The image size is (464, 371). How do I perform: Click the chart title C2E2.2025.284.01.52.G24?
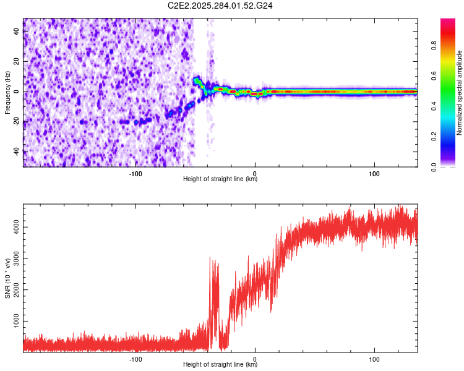(x=221, y=6)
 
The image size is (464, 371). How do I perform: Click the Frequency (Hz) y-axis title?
(x=7, y=93)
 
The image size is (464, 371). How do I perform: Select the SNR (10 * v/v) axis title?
(x=8, y=278)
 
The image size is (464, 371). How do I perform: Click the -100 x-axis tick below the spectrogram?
(x=135, y=173)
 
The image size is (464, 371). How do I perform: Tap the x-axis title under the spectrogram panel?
(x=220, y=179)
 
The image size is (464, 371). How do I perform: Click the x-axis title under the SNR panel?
(x=220, y=365)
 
